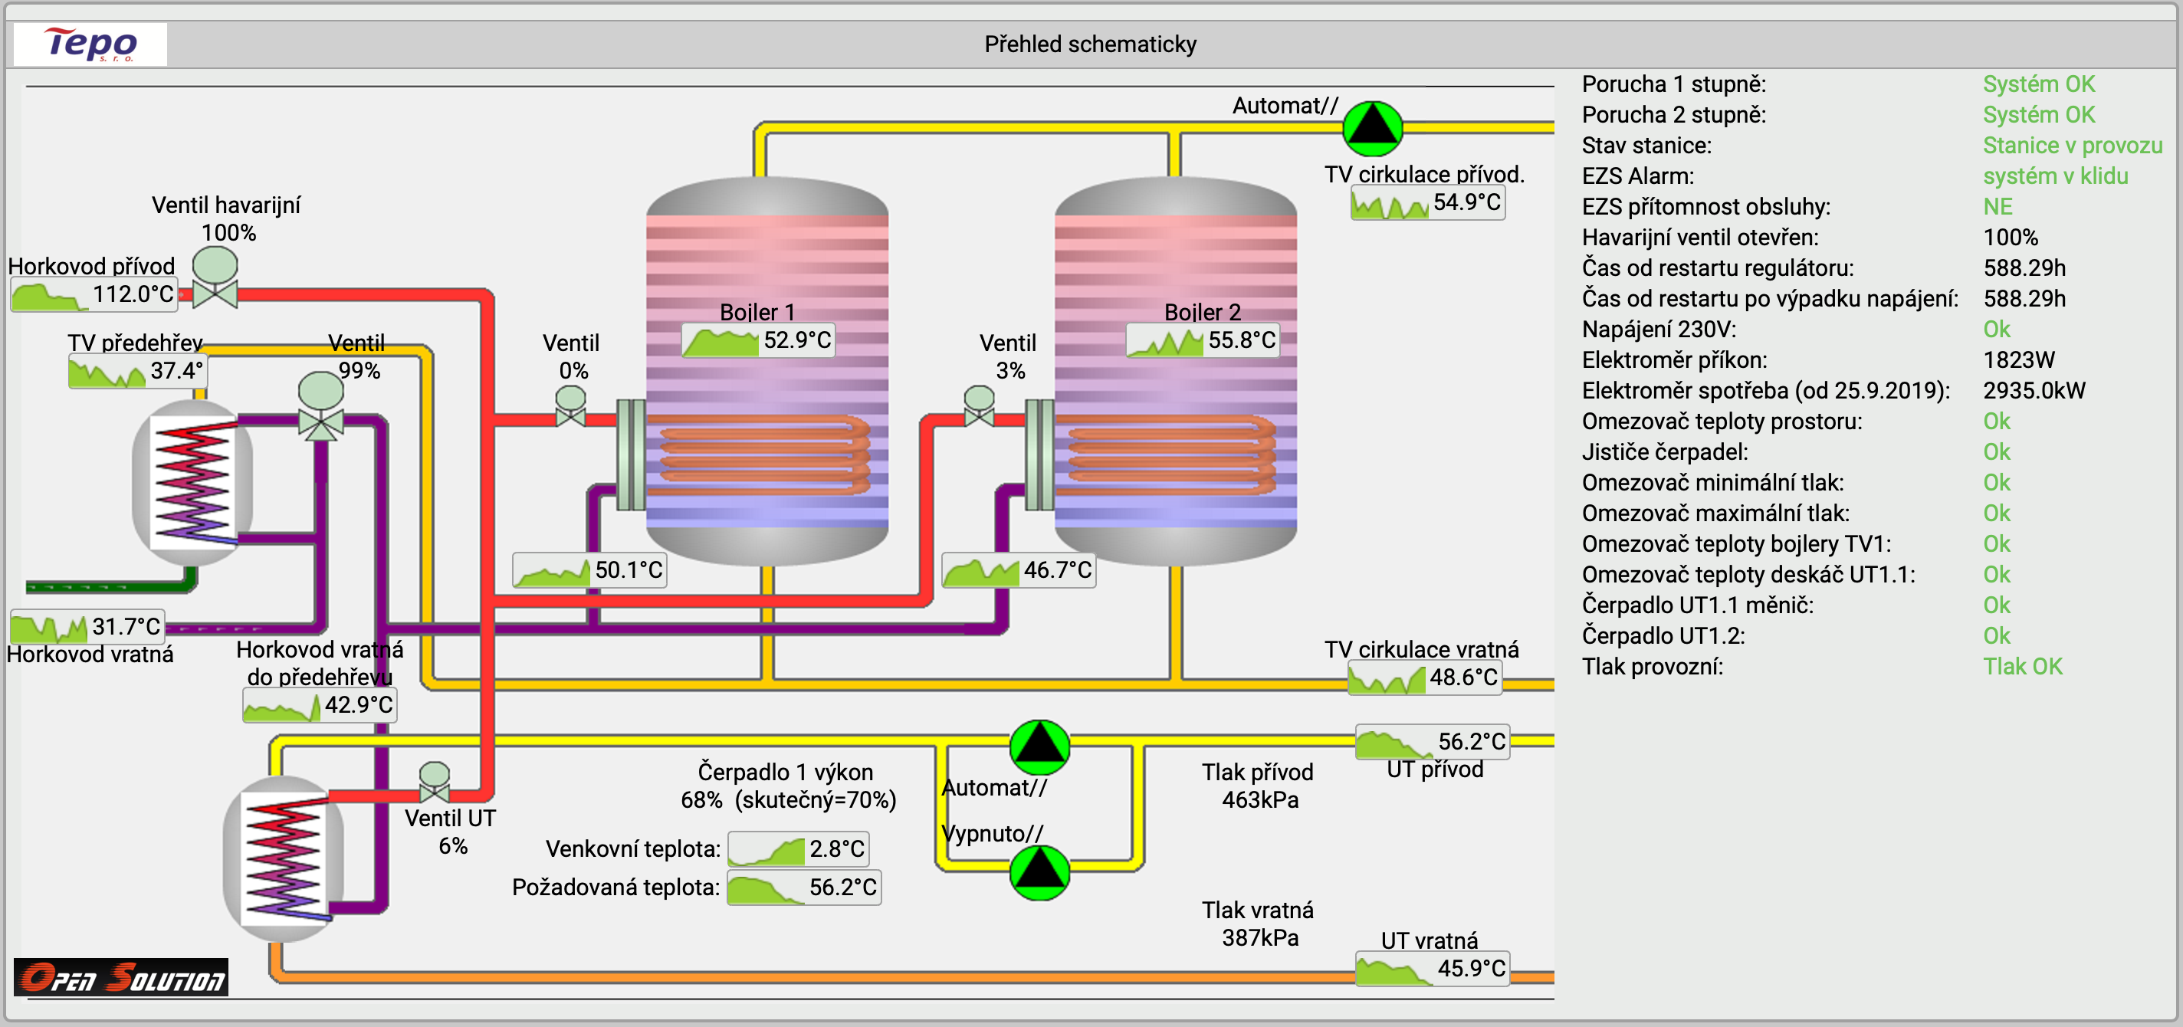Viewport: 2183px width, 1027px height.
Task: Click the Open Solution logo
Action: tap(121, 978)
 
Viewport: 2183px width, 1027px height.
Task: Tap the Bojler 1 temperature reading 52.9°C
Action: tap(796, 340)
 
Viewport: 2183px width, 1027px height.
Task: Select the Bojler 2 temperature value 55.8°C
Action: tap(1241, 340)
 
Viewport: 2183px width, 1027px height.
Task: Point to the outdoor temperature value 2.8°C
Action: tap(835, 848)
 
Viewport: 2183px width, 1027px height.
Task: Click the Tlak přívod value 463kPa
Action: tap(1259, 800)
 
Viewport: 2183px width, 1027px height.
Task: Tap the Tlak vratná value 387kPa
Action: tap(1259, 938)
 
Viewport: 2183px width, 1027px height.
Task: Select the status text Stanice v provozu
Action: tap(2072, 146)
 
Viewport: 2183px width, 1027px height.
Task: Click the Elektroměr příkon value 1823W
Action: tap(2019, 360)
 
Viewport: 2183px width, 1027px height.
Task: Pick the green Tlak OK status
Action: tap(2022, 667)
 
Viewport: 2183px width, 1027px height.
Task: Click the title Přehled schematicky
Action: tap(1090, 44)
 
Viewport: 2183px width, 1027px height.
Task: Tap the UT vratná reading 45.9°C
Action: tap(1470, 969)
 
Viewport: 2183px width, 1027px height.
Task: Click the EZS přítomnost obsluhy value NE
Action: tap(1998, 207)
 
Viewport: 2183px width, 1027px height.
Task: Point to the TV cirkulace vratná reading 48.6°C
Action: tap(1462, 678)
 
